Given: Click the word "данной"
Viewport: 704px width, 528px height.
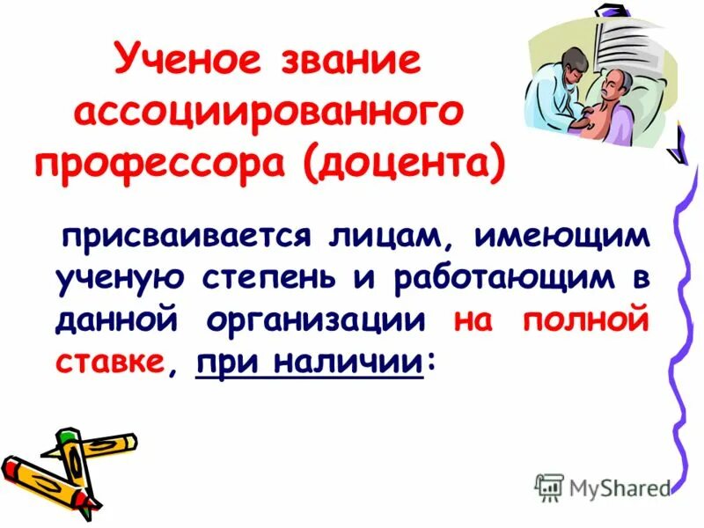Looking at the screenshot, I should coord(112,319).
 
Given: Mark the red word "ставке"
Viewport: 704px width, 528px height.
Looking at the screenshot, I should coord(109,360).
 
